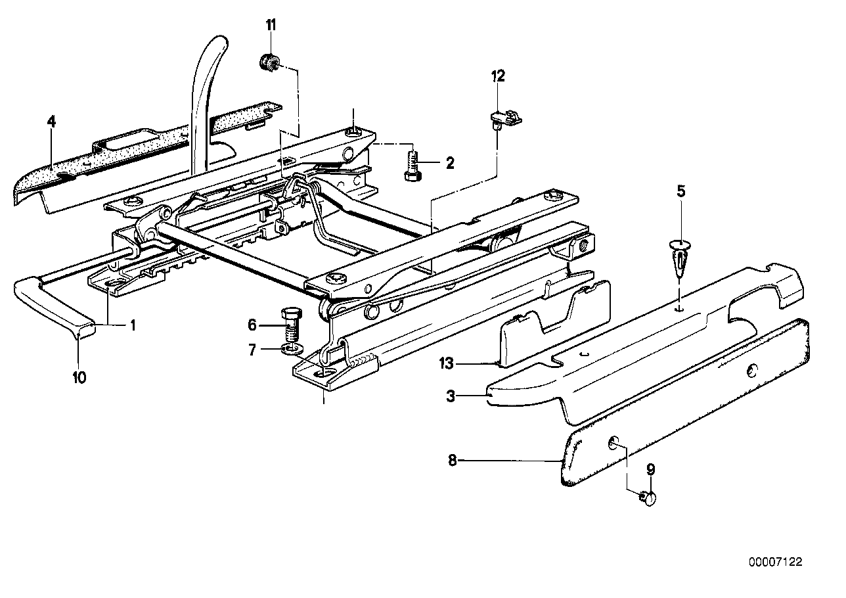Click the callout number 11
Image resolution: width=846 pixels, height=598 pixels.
tap(271, 26)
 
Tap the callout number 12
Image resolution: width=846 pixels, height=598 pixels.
tap(497, 76)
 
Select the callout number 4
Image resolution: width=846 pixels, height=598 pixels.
tap(51, 122)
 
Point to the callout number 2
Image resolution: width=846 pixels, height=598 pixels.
tap(449, 162)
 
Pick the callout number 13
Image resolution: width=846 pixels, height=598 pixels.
tap(447, 363)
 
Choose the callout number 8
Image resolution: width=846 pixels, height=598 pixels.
tap(452, 461)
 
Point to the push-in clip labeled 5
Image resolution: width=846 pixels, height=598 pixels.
tap(680, 258)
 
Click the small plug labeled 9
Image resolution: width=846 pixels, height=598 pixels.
tap(650, 499)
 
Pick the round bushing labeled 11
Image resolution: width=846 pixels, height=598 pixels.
tap(268, 63)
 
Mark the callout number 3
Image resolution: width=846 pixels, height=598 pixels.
tap(450, 396)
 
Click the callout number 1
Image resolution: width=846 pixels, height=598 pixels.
tap(132, 325)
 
